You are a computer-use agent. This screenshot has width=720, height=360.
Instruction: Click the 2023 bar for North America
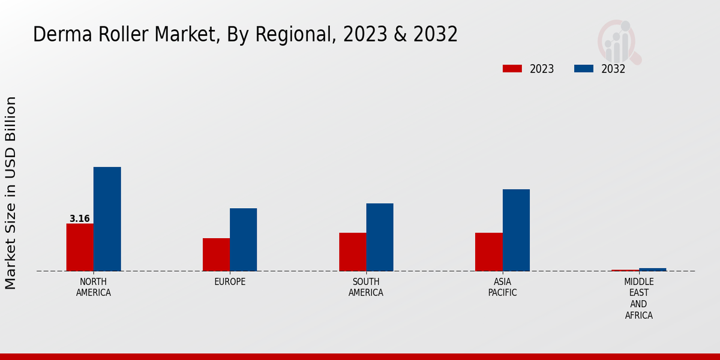80,247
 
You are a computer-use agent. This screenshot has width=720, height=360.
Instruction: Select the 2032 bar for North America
107,219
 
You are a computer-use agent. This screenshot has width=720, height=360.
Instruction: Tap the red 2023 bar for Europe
216,254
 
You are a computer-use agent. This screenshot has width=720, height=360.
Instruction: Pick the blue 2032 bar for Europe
243,239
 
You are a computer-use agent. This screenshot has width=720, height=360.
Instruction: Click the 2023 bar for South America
352,252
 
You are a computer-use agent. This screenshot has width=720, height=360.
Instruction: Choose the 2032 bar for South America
380,237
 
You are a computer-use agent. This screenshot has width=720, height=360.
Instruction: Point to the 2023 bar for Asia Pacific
488,252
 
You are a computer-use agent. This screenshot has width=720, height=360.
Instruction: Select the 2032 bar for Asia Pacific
516,230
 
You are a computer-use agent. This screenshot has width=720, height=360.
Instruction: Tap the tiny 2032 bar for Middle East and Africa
652,269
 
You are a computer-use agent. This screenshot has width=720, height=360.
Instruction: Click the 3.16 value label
80,219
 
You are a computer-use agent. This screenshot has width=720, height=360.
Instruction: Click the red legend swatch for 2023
512,68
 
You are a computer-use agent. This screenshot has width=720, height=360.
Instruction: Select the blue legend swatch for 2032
583,68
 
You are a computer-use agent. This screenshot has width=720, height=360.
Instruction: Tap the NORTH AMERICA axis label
94,287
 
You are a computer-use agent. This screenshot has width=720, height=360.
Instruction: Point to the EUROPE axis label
230,282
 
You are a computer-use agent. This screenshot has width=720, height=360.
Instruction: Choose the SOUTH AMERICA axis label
366,287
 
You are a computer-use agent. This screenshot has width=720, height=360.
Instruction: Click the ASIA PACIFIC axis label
502,287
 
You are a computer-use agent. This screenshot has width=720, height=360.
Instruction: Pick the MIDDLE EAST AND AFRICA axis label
638,298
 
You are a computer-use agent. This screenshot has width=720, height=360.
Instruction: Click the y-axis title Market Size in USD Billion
11,193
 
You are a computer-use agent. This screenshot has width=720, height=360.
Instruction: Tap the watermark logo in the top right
619,41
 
